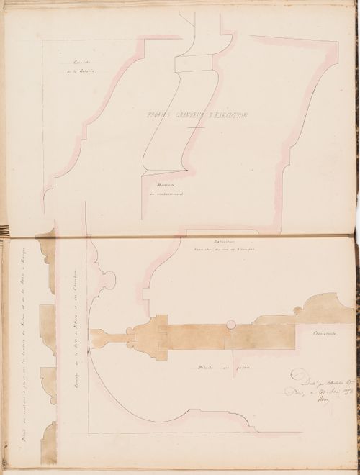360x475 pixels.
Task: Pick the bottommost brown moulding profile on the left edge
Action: [x=48, y=443]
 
